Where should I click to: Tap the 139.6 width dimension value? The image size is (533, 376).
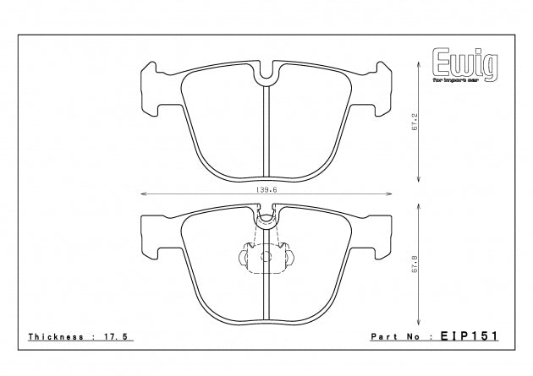[x=267, y=191]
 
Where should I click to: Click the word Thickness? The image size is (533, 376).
[x=54, y=335]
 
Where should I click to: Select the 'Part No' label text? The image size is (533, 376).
[x=399, y=335]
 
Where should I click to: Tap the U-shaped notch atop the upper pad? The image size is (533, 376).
[x=267, y=74]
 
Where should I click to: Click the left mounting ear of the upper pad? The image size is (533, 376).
[x=151, y=89]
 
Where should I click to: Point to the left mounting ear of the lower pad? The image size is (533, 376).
[x=151, y=235]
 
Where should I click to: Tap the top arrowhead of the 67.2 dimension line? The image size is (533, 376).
[x=420, y=66]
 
